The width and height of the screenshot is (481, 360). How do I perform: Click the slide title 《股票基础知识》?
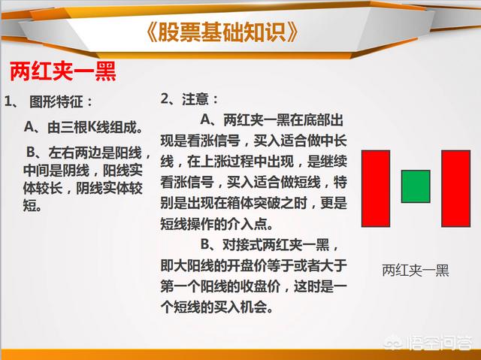point(222,32)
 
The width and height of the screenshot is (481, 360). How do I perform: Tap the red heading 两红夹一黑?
point(63,71)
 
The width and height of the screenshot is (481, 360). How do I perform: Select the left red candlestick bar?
point(376,189)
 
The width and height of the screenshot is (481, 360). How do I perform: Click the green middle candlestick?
point(416,186)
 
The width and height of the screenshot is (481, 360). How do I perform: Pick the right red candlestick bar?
point(456,189)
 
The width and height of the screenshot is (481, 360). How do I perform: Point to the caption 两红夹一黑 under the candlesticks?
point(416,270)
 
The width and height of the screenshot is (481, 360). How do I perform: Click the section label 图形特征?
point(56,101)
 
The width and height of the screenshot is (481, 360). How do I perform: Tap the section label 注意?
point(195,99)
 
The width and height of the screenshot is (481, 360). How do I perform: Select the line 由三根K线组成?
point(83,127)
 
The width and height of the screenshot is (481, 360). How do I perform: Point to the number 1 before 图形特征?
point(8,101)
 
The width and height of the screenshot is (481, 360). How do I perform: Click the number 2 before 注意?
point(165,98)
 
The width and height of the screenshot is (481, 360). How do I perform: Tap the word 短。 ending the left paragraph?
point(32,205)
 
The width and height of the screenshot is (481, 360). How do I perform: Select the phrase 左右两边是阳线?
point(95,153)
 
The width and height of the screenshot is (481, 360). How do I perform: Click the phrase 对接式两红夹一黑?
point(276,245)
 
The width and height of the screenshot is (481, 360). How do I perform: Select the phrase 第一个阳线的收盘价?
point(220,286)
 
